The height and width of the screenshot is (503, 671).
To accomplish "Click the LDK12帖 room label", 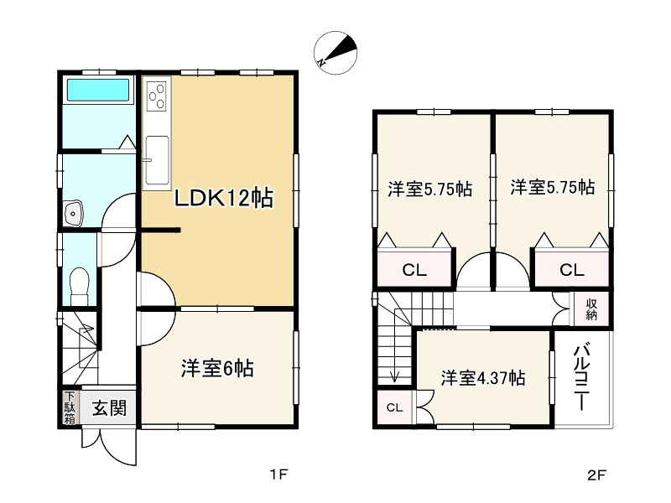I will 222,200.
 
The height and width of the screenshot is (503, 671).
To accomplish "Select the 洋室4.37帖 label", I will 484,378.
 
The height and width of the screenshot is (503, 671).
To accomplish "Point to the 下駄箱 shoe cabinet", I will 69,407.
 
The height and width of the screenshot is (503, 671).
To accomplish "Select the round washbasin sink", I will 75,214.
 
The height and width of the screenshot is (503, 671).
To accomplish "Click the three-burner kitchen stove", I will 156,99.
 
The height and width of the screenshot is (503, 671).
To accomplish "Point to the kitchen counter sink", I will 156,159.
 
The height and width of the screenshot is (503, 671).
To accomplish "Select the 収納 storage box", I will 591,309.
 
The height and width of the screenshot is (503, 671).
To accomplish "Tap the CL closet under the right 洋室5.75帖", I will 570,270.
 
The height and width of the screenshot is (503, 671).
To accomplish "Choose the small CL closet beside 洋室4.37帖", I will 393,408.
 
